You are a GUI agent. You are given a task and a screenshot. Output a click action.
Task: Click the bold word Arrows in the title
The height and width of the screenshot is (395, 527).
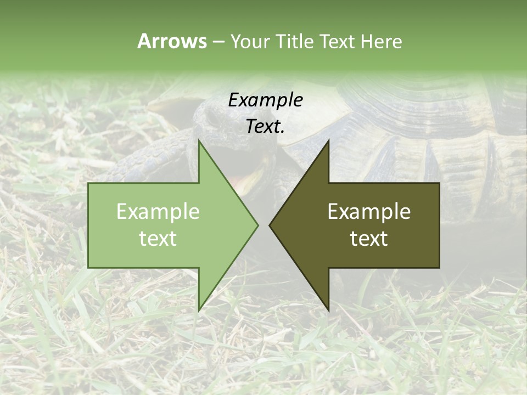[172, 41]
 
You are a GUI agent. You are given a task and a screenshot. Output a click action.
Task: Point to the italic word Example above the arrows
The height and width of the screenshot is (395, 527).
[265, 100]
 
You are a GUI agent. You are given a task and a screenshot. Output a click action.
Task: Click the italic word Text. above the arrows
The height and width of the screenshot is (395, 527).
[265, 126]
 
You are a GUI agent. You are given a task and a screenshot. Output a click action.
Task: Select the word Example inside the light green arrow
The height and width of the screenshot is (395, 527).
[158, 211]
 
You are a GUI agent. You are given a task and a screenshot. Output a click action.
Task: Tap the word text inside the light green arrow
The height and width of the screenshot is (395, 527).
[158, 239]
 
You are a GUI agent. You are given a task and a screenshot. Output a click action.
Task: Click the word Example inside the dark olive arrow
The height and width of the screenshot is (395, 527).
[369, 211]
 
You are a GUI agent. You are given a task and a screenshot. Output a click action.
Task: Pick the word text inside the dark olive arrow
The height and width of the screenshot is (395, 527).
[369, 239]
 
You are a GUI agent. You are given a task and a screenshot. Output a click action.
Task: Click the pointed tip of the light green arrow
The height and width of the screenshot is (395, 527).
[257, 225]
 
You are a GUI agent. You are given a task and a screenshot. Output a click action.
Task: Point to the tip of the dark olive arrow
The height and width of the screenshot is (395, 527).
[270, 225]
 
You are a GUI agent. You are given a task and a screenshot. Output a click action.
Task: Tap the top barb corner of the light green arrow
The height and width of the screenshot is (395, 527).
[199, 140]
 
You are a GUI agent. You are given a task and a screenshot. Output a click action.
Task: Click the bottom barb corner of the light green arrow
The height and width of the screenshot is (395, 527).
[199, 310]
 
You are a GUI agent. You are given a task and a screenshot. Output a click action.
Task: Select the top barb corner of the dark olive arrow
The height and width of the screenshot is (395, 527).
[328, 140]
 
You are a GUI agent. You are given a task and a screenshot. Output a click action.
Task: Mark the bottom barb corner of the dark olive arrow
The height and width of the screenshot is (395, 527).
[328, 311]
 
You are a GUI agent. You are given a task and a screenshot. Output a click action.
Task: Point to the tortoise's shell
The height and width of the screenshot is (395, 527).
[417, 121]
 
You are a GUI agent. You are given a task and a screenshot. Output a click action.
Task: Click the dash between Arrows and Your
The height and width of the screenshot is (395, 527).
[218, 42]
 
